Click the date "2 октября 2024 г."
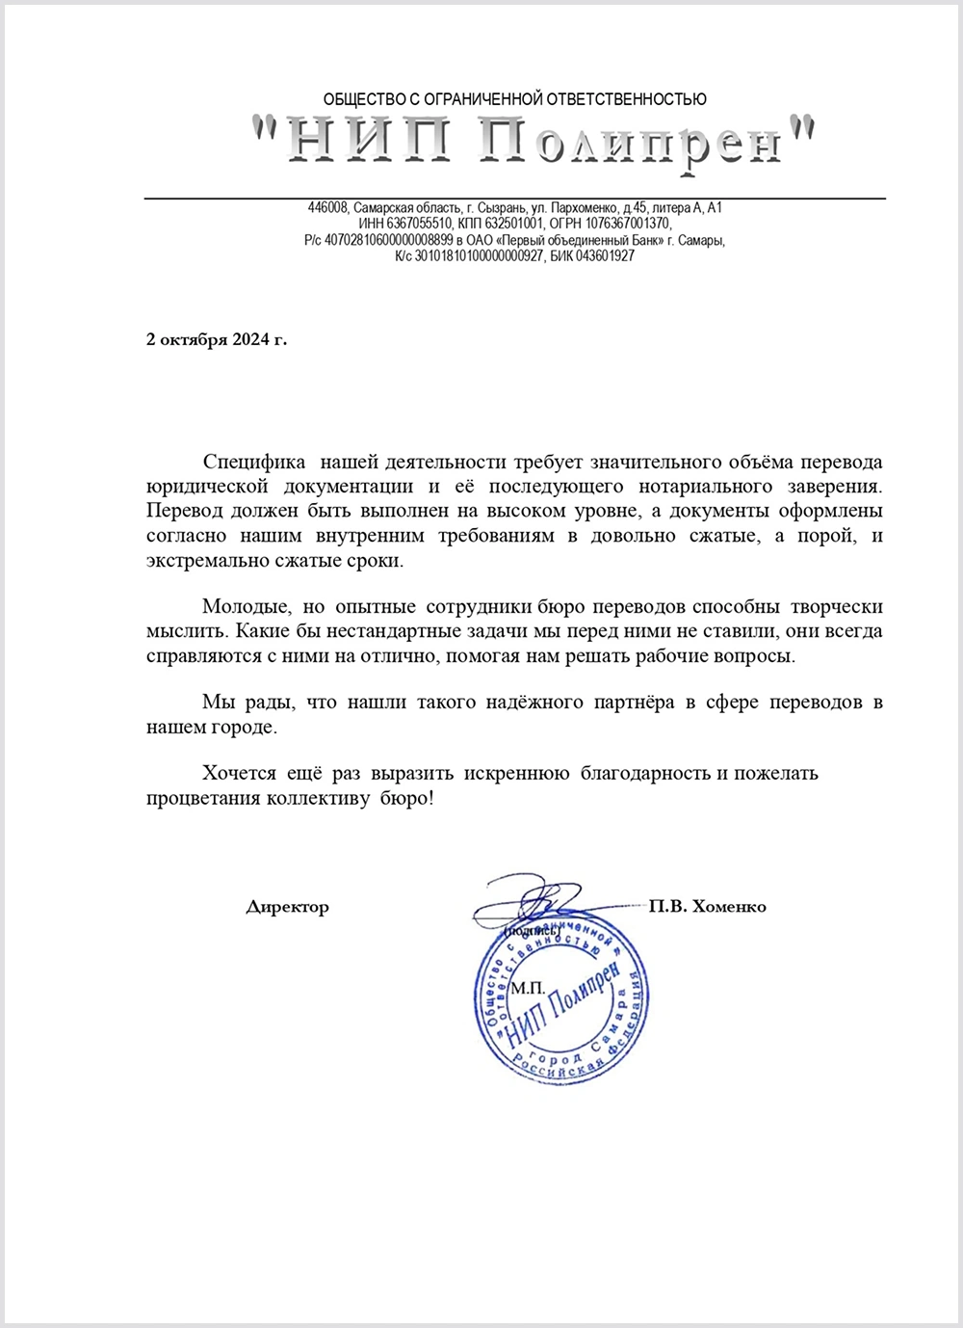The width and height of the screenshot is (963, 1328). (217, 339)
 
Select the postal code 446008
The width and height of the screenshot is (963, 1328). (328, 208)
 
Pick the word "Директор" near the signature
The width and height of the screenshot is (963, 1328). (287, 907)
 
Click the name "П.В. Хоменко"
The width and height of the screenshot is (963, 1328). (708, 907)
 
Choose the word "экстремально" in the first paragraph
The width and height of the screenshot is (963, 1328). (202, 561)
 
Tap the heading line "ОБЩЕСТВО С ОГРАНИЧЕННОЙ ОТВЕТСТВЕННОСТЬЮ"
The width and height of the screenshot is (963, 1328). (514, 99)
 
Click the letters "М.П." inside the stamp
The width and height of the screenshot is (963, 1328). (528, 989)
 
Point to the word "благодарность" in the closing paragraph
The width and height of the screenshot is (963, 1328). (645, 773)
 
